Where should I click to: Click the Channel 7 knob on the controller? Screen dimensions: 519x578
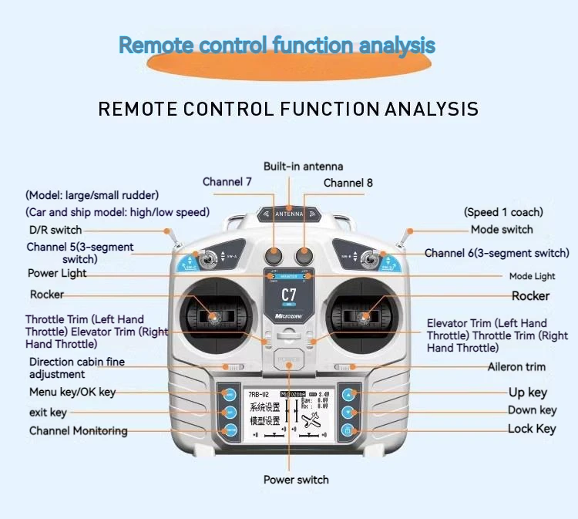[x=275, y=254]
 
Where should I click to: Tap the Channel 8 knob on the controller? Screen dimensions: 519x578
[x=304, y=254]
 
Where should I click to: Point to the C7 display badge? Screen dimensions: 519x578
[x=289, y=295]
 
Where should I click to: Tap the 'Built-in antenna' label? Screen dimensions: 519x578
[x=303, y=167]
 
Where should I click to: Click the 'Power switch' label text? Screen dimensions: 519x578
[x=296, y=480]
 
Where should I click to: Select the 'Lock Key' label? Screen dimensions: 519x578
[x=532, y=429]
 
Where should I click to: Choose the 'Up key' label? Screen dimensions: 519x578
[x=528, y=393]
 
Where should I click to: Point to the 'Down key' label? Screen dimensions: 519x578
[x=532, y=410]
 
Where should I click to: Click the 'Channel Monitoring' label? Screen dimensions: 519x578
[x=79, y=430]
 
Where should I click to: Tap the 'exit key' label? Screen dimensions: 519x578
[x=48, y=413]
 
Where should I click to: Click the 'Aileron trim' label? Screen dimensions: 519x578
[x=516, y=367]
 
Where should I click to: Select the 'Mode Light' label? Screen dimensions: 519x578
[x=532, y=276]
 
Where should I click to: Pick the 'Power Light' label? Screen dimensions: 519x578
[x=57, y=273]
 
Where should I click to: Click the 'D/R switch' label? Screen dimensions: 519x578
[x=55, y=230]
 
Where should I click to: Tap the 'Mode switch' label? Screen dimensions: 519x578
[x=502, y=229]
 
